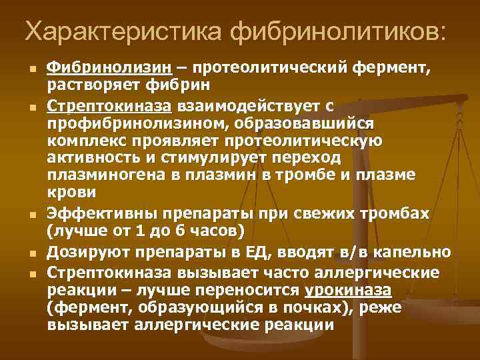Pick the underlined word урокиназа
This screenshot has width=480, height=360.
point(348,291)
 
